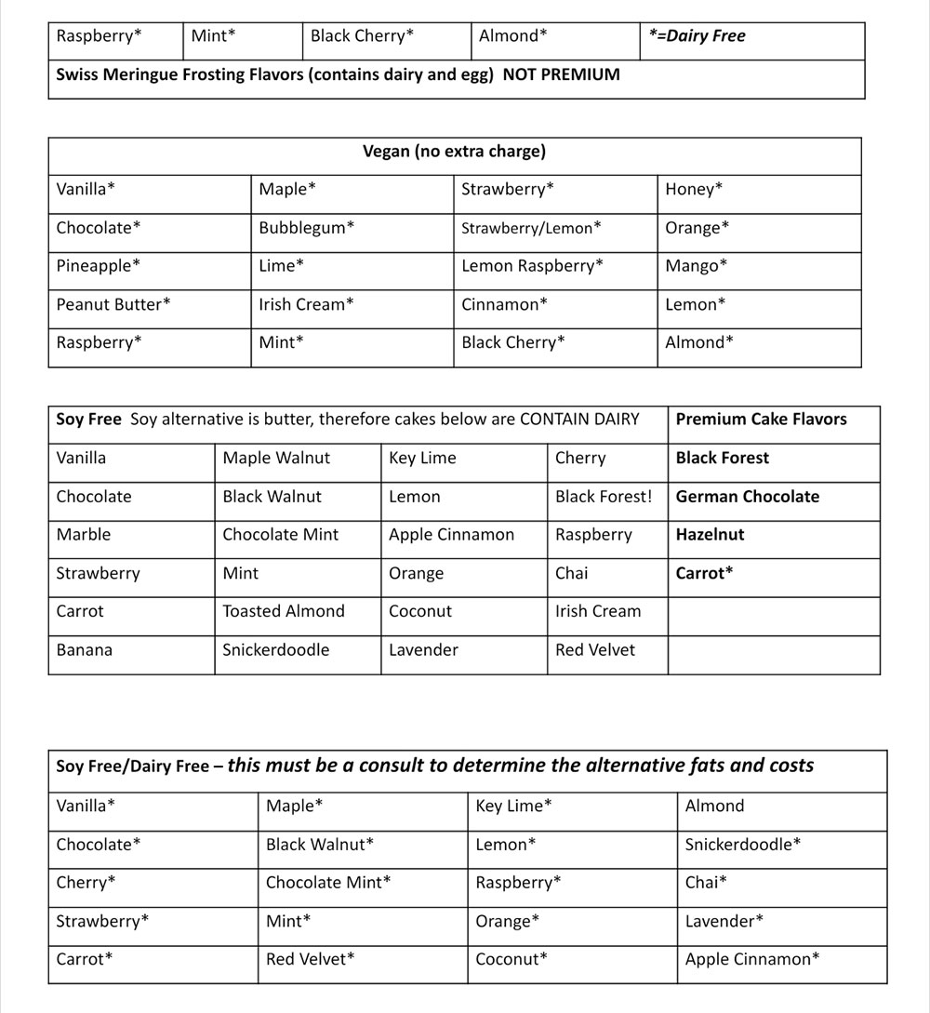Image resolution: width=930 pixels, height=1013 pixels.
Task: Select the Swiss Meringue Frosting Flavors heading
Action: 338,74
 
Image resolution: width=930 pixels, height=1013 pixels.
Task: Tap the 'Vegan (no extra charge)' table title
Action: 454,151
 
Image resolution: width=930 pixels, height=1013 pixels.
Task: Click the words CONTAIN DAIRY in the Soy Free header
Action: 579,420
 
